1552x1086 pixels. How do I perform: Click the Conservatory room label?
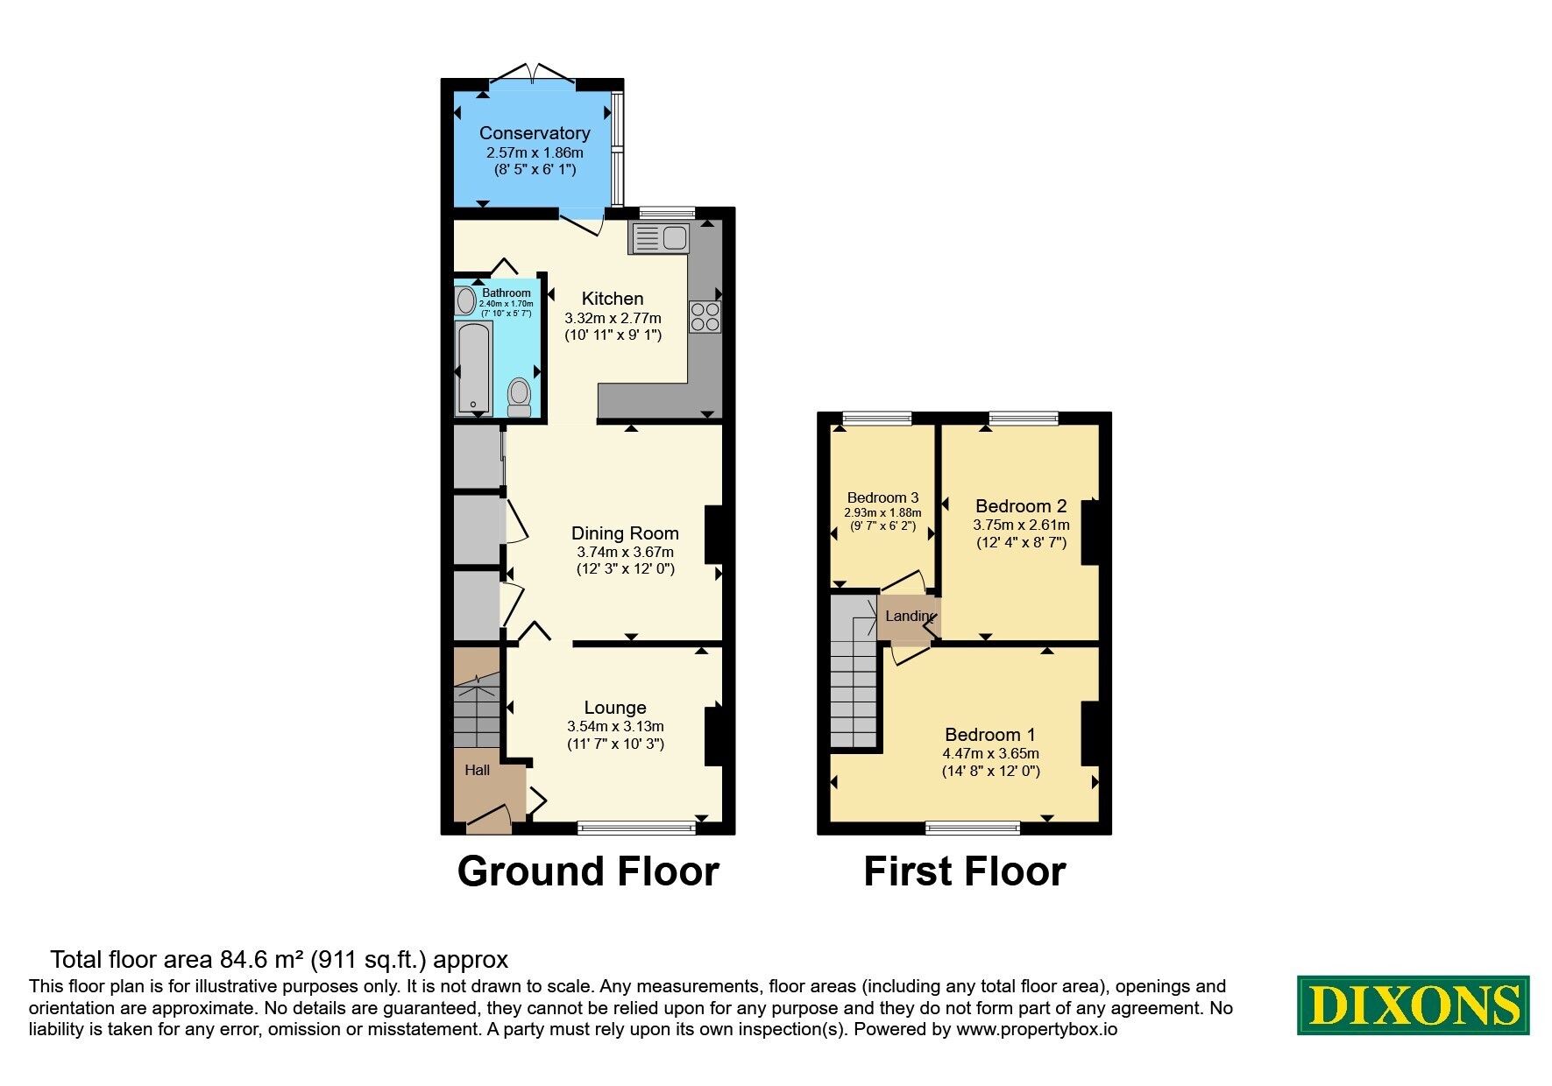click(x=535, y=133)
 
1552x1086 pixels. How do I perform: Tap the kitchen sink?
click(x=660, y=237)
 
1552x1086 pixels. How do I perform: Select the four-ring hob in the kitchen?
click(x=705, y=317)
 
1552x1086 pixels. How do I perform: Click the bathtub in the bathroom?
click(x=474, y=368)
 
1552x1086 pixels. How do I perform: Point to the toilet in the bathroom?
click(x=520, y=397)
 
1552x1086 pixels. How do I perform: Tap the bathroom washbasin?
click(x=465, y=301)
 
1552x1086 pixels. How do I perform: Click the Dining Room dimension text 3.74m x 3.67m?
click(x=625, y=552)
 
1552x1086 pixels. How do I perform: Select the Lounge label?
click(x=615, y=708)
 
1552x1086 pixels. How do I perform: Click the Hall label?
click(x=478, y=771)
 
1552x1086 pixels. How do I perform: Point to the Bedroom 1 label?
click(x=990, y=735)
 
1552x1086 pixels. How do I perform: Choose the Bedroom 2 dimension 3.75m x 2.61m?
click(x=1021, y=525)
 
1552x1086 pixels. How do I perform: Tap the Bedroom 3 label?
click(x=882, y=497)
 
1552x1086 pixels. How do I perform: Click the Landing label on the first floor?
click(x=910, y=616)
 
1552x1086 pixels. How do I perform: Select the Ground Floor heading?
click(x=588, y=871)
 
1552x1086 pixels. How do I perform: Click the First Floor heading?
click(x=965, y=871)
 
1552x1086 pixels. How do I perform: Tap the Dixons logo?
click(x=1413, y=1005)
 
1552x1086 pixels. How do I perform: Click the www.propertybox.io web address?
click(x=1037, y=1030)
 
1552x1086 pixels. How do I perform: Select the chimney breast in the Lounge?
click(x=714, y=736)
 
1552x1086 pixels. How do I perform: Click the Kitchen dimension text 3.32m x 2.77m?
click(x=613, y=318)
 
